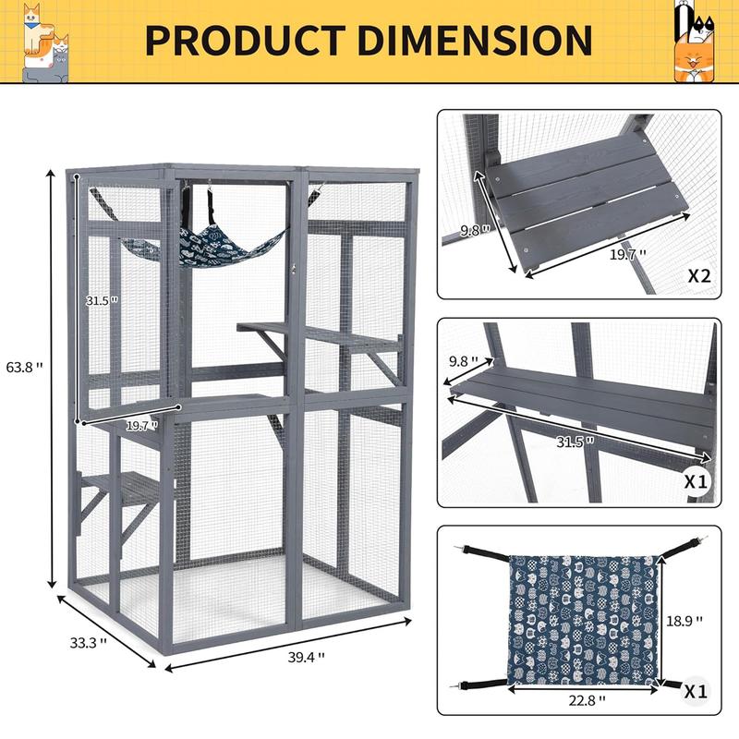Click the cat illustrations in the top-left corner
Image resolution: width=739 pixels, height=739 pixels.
click(47, 42)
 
